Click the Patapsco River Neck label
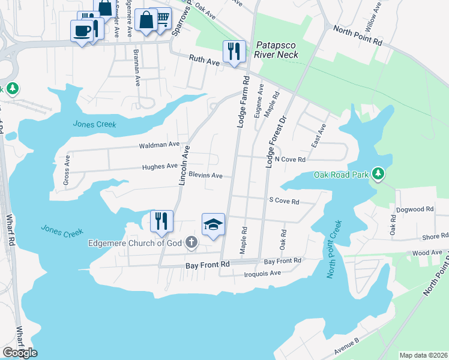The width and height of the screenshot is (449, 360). pos(276,49)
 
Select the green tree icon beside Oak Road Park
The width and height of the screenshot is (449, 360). pos(378,174)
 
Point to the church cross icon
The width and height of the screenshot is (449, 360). pos(191,242)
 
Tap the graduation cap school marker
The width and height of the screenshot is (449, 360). pos(213,224)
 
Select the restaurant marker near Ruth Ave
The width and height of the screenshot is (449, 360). pos(234,51)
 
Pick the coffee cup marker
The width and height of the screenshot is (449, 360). pos(82,31)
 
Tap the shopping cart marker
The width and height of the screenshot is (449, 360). pos(161,18)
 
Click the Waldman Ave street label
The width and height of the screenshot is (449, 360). pos(159,145)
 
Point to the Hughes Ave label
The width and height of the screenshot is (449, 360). pos(160,166)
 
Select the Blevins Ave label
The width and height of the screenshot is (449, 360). pos(205,176)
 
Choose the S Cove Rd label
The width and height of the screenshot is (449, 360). pos(284,202)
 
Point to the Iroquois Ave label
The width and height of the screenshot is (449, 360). pos(263,273)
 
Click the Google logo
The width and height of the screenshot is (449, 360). pos(20,353)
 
